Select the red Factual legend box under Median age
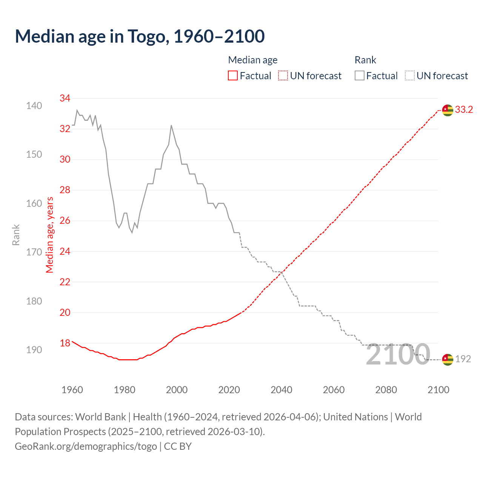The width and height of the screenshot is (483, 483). click(x=233, y=76)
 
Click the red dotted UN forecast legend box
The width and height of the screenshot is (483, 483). click(x=283, y=76)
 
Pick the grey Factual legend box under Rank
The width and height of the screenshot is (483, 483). click(x=360, y=76)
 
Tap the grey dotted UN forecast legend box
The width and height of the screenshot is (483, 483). click(x=410, y=76)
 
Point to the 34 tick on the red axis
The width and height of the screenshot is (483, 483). click(x=65, y=98)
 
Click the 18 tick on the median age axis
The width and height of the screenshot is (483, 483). click(x=65, y=343)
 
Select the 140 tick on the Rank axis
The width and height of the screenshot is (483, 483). click(x=34, y=106)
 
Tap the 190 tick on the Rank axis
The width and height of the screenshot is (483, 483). click(x=34, y=350)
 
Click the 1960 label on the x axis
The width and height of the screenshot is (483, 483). click(x=72, y=390)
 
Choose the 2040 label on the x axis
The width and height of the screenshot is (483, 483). click(x=281, y=390)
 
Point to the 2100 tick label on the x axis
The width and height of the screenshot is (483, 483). click(x=438, y=390)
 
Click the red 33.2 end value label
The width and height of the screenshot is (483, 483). click(x=464, y=110)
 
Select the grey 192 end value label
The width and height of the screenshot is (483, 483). click(x=463, y=359)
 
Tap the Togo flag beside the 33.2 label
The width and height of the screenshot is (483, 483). click(x=448, y=110)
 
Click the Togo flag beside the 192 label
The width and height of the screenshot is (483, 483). click(x=448, y=359)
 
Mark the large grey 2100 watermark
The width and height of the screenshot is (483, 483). click(x=398, y=355)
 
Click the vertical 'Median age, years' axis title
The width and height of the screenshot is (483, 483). click(x=50, y=235)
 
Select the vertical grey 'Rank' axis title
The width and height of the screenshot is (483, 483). click(x=16, y=235)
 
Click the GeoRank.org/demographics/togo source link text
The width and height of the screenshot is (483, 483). click(x=86, y=446)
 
